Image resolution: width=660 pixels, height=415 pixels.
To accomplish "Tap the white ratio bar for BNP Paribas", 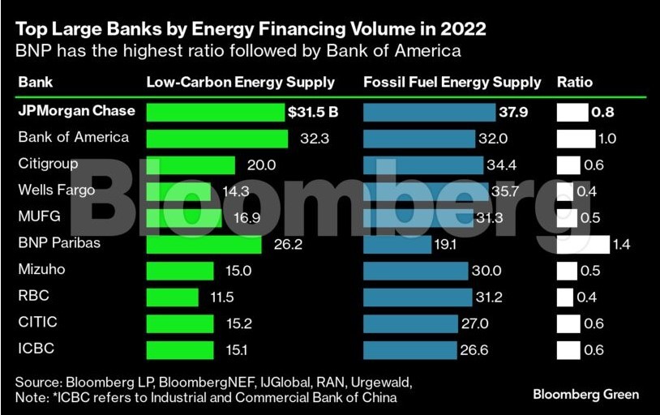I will pos(582,244).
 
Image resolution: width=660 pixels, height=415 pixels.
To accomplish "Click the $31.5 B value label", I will pos(312,112).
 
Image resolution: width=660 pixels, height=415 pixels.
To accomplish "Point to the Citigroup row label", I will pos(48,164).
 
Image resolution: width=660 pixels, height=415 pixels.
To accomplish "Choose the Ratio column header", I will pos(575,82).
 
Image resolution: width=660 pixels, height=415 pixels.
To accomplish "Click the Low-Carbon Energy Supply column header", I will pos(240,82).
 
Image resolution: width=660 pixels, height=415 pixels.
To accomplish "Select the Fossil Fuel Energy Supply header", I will pos(452,82).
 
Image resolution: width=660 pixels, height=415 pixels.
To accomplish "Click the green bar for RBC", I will pos(172,297).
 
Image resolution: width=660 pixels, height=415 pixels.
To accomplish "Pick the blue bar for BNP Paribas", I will pos(397,244).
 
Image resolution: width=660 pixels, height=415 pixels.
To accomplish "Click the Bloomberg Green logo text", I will pos(585,395).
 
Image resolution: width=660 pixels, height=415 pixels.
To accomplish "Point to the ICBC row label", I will pos(35,349).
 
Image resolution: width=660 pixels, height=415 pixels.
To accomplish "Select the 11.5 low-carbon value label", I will pos(221,297).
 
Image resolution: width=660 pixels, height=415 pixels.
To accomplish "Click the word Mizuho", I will pos(41,269).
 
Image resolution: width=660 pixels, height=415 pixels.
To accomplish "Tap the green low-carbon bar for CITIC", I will pos(180,323).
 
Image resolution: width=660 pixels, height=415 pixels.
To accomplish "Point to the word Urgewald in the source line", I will pos(380,381).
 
